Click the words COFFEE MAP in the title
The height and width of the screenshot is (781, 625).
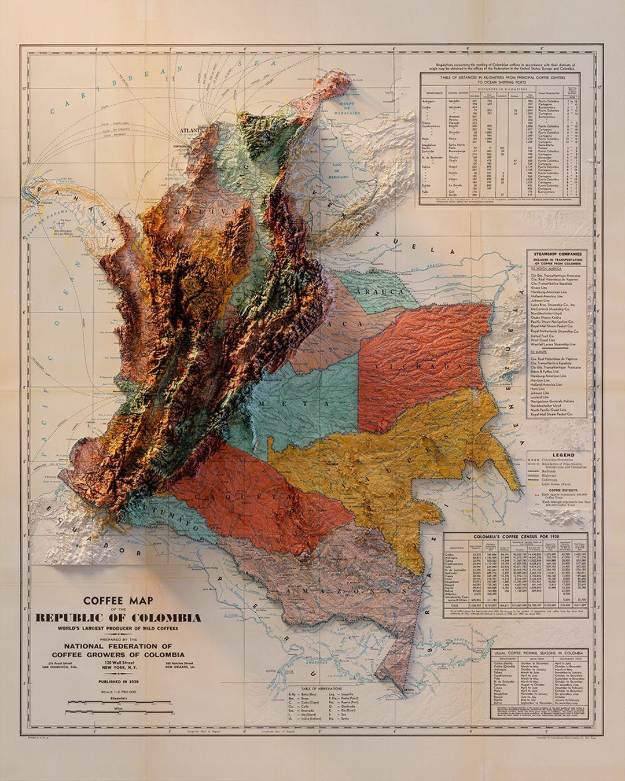click(118, 601)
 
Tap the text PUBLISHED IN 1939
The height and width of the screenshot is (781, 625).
click(118, 681)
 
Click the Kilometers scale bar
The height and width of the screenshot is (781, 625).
click(119, 702)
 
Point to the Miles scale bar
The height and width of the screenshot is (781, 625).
click(119, 711)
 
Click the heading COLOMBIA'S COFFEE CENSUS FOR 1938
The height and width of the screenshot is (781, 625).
click(515, 537)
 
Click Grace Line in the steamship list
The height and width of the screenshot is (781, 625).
click(539, 288)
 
